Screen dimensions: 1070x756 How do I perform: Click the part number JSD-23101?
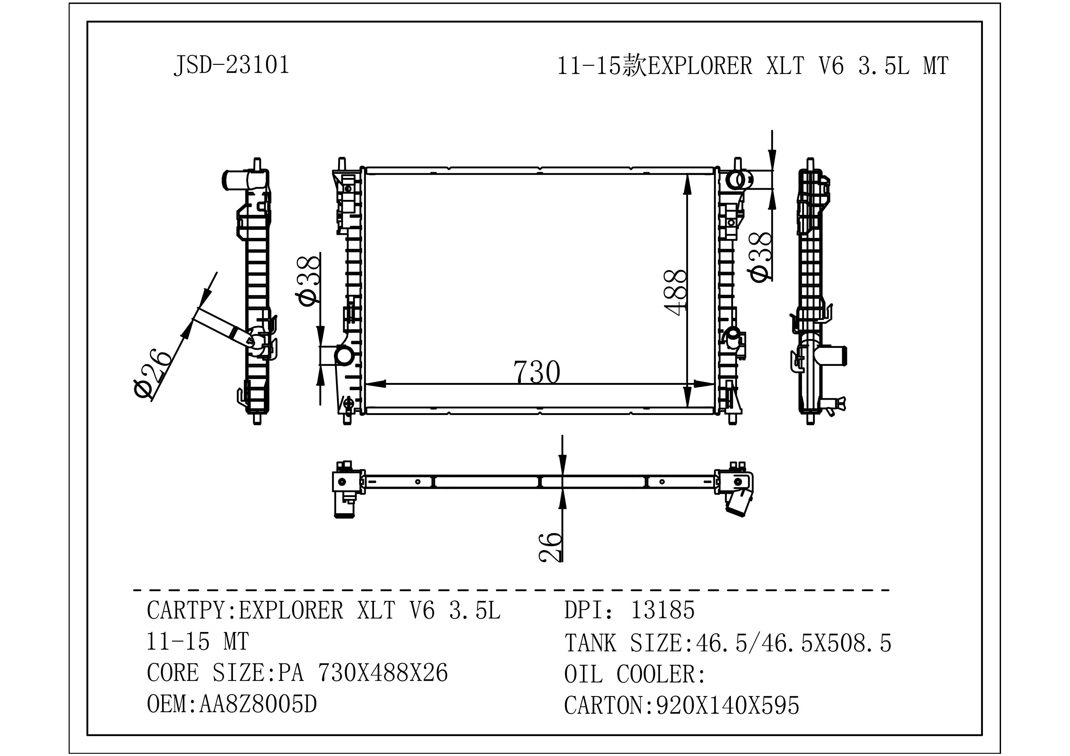point(232,65)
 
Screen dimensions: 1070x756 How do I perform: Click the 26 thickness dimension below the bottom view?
point(550,547)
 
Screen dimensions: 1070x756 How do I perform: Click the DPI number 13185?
point(662,610)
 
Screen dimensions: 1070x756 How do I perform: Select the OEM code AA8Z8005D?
point(258,704)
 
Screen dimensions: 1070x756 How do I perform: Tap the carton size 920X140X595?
point(728,705)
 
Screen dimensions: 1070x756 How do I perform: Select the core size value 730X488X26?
point(383,672)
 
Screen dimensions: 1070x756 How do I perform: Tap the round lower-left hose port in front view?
point(344,356)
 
